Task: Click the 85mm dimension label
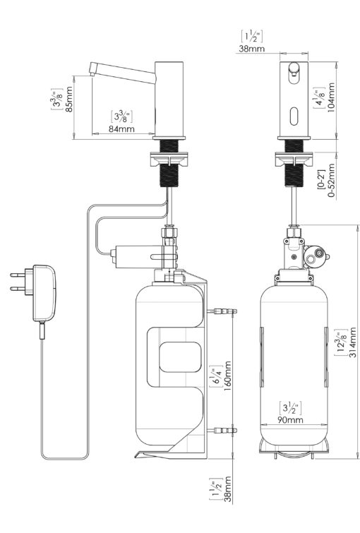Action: [x=68, y=100]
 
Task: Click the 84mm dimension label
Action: [x=121, y=129]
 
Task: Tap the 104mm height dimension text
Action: [x=331, y=97]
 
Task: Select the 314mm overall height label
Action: [x=352, y=342]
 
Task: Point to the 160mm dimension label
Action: [x=227, y=376]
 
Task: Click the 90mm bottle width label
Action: [x=290, y=420]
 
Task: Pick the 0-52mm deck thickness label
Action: [x=332, y=181]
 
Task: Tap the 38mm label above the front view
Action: [x=251, y=49]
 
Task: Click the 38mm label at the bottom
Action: [x=227, y=489]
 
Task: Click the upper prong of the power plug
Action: [x=18, y=275]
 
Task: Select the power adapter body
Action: [x=44, y=293]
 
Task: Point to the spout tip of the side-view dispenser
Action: [x=92, y=73]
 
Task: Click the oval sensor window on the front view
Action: [x=294, y=116]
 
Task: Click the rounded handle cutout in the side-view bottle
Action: [x=181, y=357]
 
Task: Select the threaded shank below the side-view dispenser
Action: [x=169, y=163]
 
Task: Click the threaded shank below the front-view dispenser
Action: [x=294, y=163]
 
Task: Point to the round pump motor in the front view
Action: [x=314, y=256]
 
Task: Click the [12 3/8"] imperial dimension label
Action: [x=341, y=342]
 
